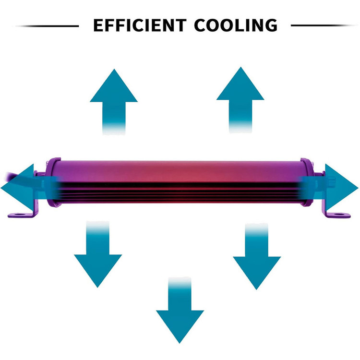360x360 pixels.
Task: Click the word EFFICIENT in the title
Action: click(x=140, y=25)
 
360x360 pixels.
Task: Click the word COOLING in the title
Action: click(x=236, y=25)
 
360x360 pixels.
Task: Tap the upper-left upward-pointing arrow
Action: click(x=114, y=101)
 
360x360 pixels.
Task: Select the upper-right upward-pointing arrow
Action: click(x=240, y=99)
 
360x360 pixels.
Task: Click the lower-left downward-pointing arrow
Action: click(x=98, y=254)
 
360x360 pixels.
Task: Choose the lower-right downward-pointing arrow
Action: click(x=257, y=256)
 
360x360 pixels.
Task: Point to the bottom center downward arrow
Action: click(x=180, y=310)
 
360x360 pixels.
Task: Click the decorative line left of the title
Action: click(x=47, y=26)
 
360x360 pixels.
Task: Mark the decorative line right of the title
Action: click(x=324, y=25)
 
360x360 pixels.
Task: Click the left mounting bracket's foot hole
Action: click(x=21, y=215)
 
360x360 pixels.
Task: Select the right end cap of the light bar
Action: click(x=307, y=182)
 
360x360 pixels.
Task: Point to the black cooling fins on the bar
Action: click(x=179, y=191)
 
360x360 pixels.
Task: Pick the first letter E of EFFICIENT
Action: click(x=98, y=25)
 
